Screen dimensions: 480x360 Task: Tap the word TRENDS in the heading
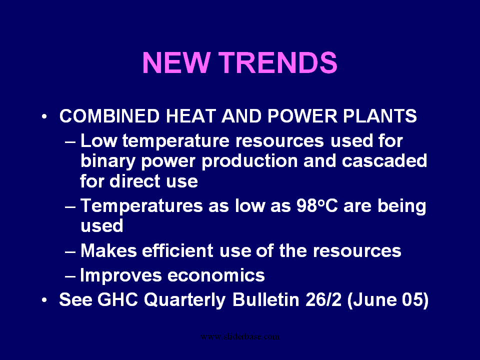pos(277,62)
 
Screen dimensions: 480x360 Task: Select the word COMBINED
pos(109,116)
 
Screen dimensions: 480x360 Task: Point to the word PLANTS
pos(379,116)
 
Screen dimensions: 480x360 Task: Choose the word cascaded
pos(384,160)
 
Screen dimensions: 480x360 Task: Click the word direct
pos(135,181)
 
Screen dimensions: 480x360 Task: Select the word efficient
pos(177,250)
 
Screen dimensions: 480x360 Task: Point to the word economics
pos(216,275)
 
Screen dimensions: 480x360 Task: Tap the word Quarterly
pos(185,300)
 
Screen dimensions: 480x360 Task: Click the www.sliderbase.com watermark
pos(240,336)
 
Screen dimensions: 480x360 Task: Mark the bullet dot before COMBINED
pos(44,116)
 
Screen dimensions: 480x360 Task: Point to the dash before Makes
pos(70,251)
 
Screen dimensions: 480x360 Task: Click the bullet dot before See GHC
pos(44,299)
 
